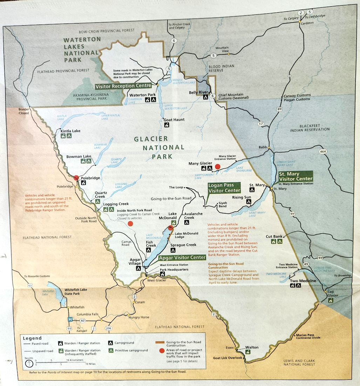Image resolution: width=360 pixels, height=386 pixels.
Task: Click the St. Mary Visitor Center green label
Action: pyautogui.click(x=295, y=176)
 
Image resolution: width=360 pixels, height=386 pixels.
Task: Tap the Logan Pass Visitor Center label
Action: pyautogui.click(x=224, y=188)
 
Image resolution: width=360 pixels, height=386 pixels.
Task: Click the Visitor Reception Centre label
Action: pyautogui.click(x=123, y=86)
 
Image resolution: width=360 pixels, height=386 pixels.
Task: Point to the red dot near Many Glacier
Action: pyautogui.click(x=217, y=167)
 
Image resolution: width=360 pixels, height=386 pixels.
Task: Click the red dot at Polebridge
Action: pyautogui.click(x=76, y=178)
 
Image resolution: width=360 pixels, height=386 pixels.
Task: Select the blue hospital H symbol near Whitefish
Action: pyautogui.click(x=70, y=320)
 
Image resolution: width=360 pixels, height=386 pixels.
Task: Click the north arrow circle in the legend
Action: pyautogui.click(x=27, y=362)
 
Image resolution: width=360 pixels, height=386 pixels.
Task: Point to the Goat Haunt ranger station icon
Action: pyautogui.click(x=167, y=125)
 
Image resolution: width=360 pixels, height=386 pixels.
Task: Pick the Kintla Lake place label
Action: pyautogui.click(x=70, y=131)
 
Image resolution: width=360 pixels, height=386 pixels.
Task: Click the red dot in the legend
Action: pyautogui.click(x=161, y=351)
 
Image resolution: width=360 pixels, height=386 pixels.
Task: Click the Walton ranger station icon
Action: pyautogui.click(x=248, y=352)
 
